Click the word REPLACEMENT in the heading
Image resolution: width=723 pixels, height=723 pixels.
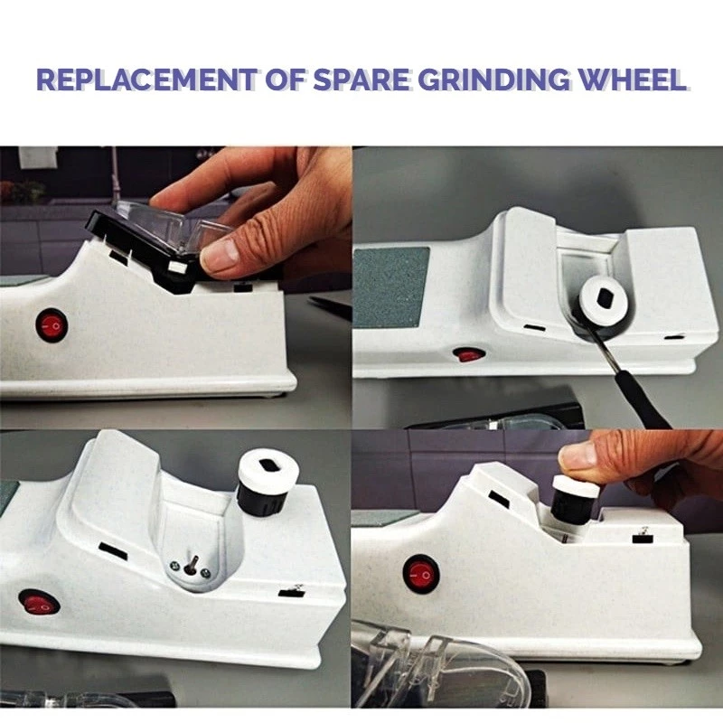pos(146,80)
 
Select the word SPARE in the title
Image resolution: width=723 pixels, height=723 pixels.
pos(361,80)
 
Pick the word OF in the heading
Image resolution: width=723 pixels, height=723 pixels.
pos(285,80)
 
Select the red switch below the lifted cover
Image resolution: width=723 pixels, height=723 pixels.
pos(52,325)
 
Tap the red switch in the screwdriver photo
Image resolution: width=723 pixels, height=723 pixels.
pos(469,355)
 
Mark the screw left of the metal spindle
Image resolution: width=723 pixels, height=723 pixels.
pos(174,566)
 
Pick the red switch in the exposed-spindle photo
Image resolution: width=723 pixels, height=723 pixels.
pos(40,604)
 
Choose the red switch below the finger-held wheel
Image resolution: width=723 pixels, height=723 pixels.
pos(421,575)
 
